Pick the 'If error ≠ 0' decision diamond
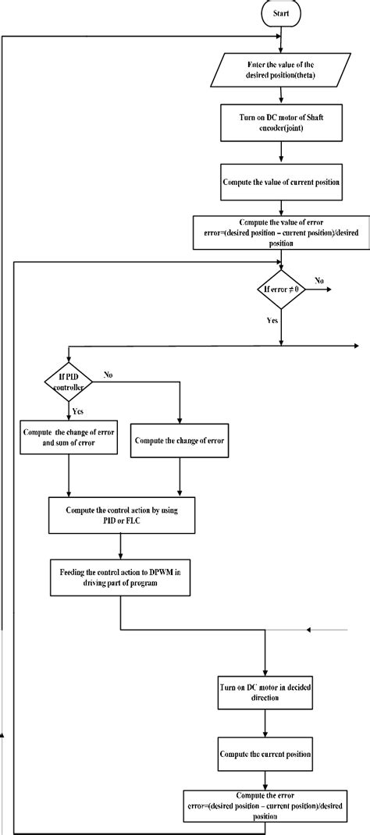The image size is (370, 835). tap(282, 289)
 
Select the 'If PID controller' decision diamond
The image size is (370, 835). tap(69, 381)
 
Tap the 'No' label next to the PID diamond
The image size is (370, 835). tap(109, 375)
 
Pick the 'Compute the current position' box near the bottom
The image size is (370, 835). tap(267, 755)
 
